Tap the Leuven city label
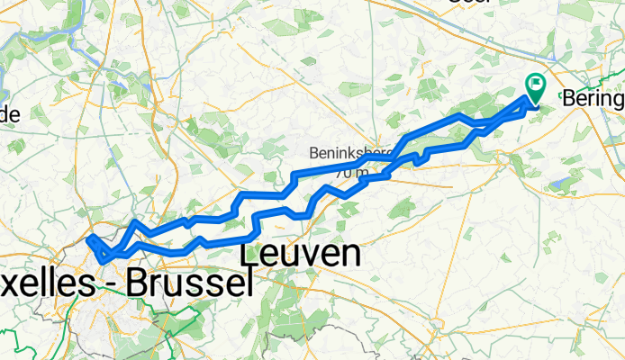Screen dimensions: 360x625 coord(303,255)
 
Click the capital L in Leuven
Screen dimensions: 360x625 coord(254,255)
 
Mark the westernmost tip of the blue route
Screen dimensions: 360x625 coord(89,238)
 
